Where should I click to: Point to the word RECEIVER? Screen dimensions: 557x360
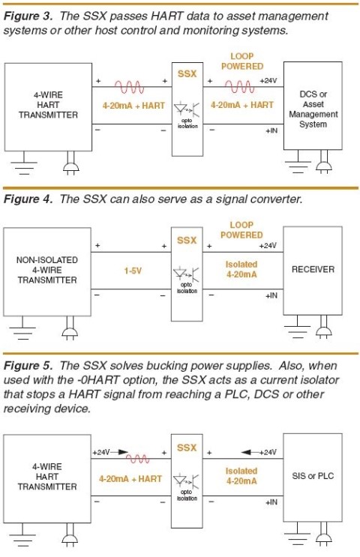[x=313, y=269]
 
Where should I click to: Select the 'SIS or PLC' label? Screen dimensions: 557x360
[x=313, y=475]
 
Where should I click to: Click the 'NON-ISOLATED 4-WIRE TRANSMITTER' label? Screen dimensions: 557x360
[x=46, y=270]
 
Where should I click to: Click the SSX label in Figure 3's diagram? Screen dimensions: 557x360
[x=186, y=73]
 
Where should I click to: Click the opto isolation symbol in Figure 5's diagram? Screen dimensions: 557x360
[x=186, y=481]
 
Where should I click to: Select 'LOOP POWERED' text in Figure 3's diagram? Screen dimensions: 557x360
[x=241, y=61]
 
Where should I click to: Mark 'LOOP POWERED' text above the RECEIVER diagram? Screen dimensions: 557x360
[x=241, y=230]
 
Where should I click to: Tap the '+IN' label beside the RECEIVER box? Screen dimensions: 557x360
[x=271, y=296]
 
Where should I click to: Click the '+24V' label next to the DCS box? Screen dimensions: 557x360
[x=268, y=80]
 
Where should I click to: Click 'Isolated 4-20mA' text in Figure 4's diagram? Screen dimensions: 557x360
[x=241, y=269]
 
